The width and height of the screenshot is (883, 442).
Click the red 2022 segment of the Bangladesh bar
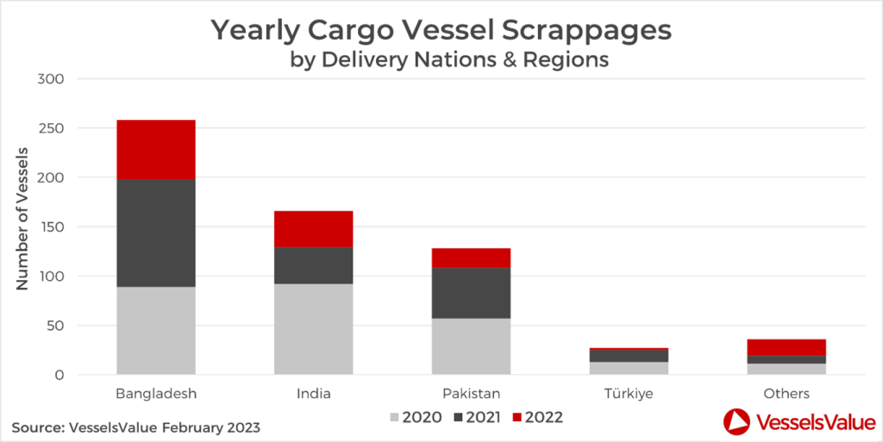click(x=156, y=149)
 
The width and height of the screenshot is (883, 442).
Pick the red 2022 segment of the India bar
click(x=314, y=228)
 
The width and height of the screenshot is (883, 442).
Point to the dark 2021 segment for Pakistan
click(x=471, y=293)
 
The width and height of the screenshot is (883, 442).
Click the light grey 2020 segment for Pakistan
click(x=471, y=346)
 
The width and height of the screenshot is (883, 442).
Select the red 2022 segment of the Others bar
click(x=786, y=347)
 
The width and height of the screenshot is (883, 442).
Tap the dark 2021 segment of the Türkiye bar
click(x=629, y=356)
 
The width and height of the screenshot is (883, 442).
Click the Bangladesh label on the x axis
click(x=156, y=394)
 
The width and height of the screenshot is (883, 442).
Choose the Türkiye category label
click(x=629, y=394)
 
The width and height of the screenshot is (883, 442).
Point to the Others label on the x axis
click(x=786, y=394)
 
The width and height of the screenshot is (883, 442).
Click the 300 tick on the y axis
click(x=53, y=79)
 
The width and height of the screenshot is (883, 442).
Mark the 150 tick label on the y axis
click(x=53, y=227)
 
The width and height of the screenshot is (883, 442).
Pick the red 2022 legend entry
click(x=536, y=418)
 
